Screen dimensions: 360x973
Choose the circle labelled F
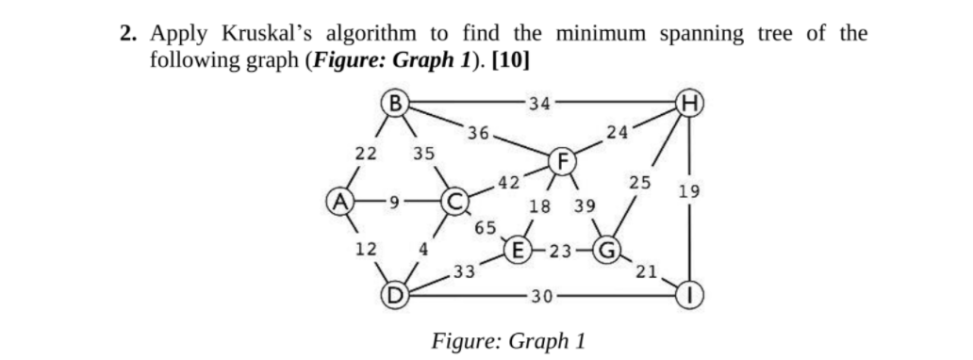tap(562, 160)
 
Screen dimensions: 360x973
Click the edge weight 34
tap(541, 102)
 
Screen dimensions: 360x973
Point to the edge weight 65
tap(486, 227)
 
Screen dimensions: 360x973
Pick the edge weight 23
tap(561, 251)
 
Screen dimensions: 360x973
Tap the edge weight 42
tap(508, 182)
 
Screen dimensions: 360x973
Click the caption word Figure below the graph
tap(465, 338)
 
